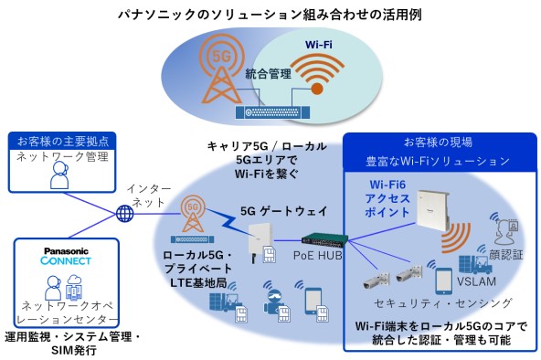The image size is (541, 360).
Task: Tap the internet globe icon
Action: click(x=125, y=214)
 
